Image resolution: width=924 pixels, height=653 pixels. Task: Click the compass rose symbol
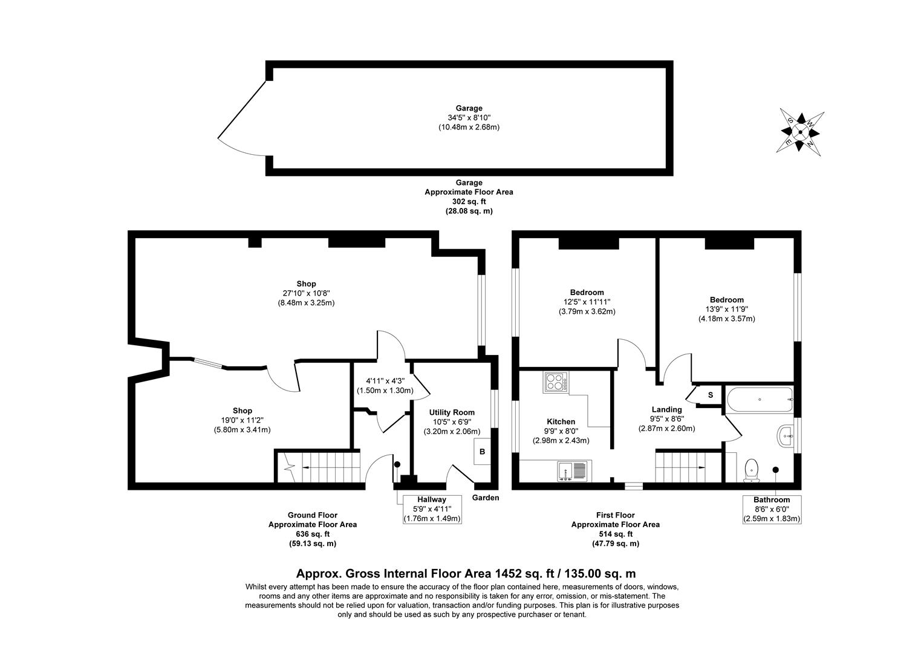(800, 132)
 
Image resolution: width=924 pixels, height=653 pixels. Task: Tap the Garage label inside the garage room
(469, 108)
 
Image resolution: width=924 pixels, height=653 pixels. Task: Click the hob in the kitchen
(556, 382)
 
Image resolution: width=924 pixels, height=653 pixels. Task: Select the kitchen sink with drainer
(571, 470)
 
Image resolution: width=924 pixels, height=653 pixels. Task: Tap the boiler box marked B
(483, 452)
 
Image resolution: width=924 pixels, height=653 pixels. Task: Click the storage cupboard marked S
(710, 395)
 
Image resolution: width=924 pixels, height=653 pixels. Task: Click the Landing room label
(666, 409)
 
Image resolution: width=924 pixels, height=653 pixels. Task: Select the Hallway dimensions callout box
(431, 509)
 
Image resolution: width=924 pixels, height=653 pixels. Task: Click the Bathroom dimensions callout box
(771, 509)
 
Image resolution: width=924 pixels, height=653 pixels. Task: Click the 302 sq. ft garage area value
(469, 201)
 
